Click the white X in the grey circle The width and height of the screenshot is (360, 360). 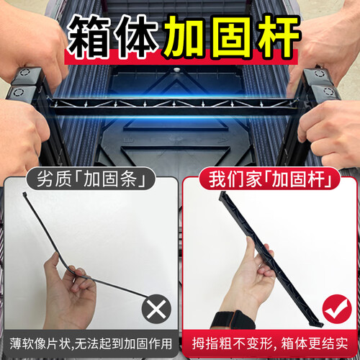click(156, 309)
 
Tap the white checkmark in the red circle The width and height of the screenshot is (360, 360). click(336, 310)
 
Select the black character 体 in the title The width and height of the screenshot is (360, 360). click(136, 37)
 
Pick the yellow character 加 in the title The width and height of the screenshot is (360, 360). click(185, 37)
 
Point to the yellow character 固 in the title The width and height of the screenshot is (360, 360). click(231, 37)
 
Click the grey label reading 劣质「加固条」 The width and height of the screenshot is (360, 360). click(91, 179)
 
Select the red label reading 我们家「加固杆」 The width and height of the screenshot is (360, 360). click(269, 179)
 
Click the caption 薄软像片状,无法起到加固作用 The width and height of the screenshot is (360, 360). click(91, 343)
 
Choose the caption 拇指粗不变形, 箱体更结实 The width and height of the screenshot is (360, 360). click(270, 343)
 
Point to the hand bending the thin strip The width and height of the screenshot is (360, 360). click(70, 293)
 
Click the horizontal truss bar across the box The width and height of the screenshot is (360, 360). click(174, 106)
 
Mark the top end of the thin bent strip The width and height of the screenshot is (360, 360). click(24, 194)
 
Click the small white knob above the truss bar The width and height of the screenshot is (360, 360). click(177, 70)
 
